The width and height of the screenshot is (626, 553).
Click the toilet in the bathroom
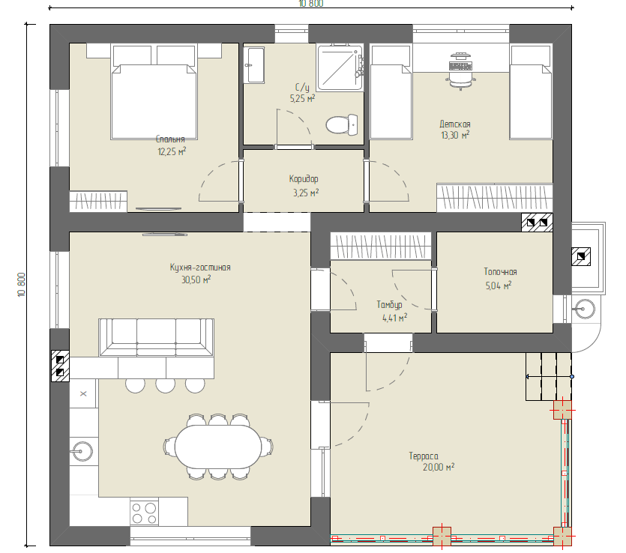pos(342,124)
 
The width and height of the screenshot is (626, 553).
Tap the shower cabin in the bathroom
pos(340,67)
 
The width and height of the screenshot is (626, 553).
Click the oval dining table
pos(218,447)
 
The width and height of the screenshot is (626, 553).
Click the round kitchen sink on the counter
pos(82,451)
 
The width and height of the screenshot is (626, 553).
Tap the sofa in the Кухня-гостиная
pos(156,336)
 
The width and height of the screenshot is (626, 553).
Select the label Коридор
pos(304,179)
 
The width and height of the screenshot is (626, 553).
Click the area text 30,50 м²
pos(196,279)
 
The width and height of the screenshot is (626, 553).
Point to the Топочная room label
pos(500,272)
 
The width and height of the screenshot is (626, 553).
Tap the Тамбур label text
pos(389,305)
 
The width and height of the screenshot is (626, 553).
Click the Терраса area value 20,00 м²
pos(439,467)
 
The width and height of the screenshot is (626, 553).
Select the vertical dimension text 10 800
pos(22,285)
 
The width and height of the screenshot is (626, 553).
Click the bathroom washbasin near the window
pos(254,65)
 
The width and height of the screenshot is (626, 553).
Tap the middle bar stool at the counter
pos(165,385)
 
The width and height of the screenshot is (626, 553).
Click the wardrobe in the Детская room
pos(495,198)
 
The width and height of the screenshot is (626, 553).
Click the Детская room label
pos(455,124)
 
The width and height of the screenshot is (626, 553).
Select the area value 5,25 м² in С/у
pos(302,98)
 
